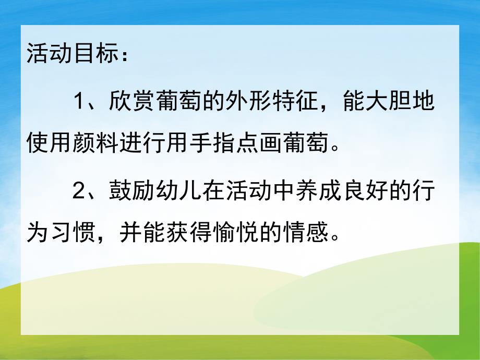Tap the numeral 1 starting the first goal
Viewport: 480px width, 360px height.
79,101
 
